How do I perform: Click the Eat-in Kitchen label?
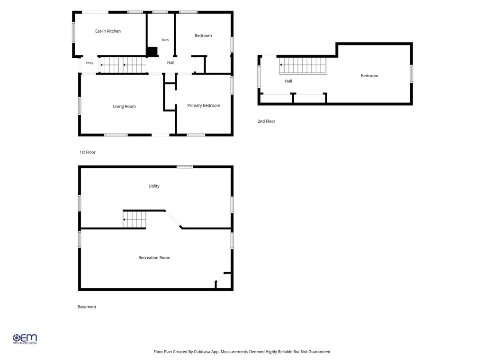pyautogui.click(x=108, y=31)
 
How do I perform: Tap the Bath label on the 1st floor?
pyautogui.click(x=165, y=40)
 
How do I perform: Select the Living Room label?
pyautogui.click(x=125, y=107)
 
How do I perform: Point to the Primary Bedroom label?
pyautogui.click(x=204, y=106)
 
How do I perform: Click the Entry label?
pyautogui.click(x=90, y=63)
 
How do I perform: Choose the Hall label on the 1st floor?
pyautogui.click(x=171, y=63)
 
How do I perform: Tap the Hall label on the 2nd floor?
pyautogui.click(x=288, y=81)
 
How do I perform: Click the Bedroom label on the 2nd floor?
pyautogui.click(x=369, y=76)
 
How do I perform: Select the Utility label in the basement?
pyautogui.click(x=154, y=186)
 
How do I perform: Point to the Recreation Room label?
pyautogui.click(x=154, y=257)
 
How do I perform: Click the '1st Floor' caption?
pyautogui.click(x=88, y=152)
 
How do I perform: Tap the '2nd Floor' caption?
pyautogui.click(x=266, y=121)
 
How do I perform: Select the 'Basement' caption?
pyautogui.click(x=87, y=307)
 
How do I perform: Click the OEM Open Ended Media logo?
pyautogui.click(x=25, y=339)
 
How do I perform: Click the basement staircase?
pyautogui.click(x=135, y=219)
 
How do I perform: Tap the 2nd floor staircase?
pyautogui.click(x=303, y=65)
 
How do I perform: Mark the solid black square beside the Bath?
pyautogui.click(x=152, y=52)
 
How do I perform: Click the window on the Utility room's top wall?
pyautogui.click(x=185, y=167)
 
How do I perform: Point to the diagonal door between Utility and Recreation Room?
pyautogui.click(x=173, y=219)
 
